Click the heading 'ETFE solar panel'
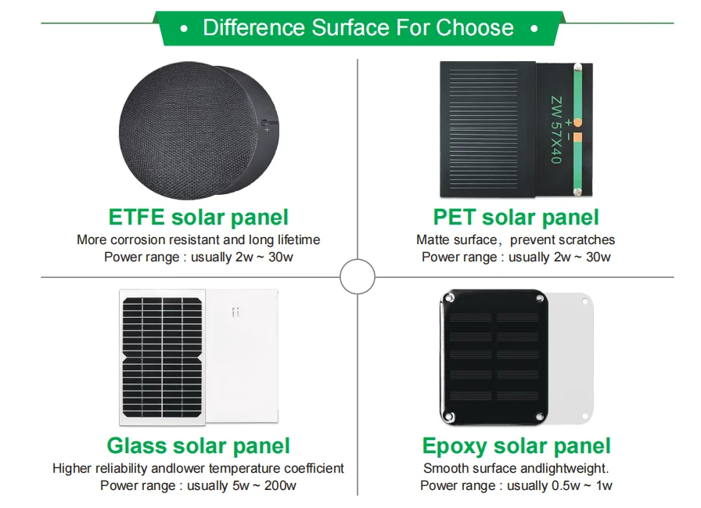point(198,217)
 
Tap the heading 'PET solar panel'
point(516,217)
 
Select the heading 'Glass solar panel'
point(198,446)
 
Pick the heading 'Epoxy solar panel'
point(516,446)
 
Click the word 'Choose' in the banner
point(475,28)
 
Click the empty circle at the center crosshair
point(358,277)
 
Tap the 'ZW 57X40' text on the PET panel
point(555,129)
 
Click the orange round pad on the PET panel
point(577,123)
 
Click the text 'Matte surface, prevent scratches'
point(516,240)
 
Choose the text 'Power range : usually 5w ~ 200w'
point(198,485)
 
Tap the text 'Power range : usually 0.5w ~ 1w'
point(516,485)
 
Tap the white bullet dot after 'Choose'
point(534,29)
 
